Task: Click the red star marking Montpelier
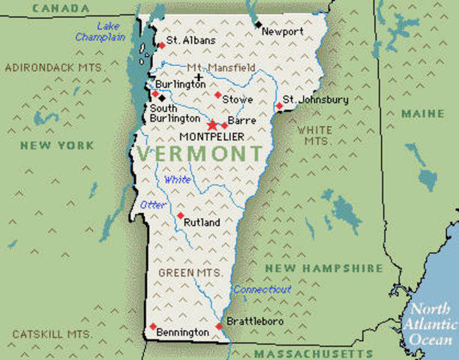(212, 124)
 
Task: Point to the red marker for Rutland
(180, 215)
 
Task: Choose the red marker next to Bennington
(153, 326)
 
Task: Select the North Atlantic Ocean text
(430, 323)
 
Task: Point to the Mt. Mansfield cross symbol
(199, 76)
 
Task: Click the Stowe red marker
(217, 94)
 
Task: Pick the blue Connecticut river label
(262, 289)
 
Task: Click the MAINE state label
(422, 114)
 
